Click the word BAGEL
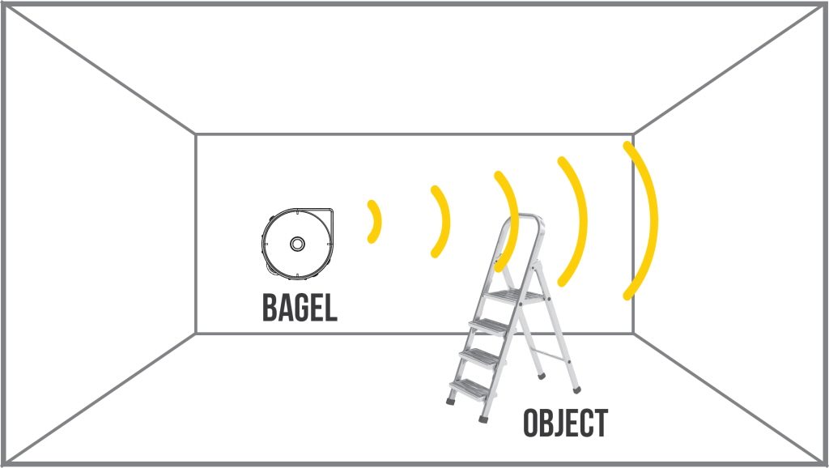[299, 307]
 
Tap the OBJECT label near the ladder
[565, 423]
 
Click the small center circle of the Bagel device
[297, 243]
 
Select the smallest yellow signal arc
[374, 221]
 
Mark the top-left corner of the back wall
[196, 134]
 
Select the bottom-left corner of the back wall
[196, 333]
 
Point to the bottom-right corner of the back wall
[633, 333]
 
